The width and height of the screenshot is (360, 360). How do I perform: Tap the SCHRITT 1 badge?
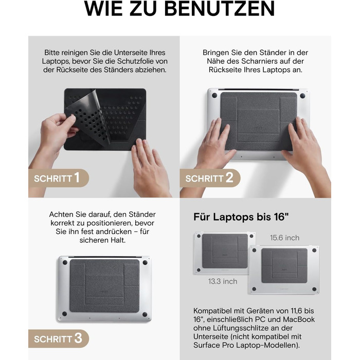point(57,178)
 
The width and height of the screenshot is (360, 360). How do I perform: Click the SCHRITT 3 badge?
point(57,339)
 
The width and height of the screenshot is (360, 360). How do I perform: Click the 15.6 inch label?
point(284,238)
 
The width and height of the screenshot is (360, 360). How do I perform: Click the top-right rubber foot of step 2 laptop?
point(301,95)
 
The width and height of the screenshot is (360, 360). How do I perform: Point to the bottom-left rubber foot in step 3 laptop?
point(65,314)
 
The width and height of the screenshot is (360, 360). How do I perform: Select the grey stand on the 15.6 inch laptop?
point(283,265)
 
